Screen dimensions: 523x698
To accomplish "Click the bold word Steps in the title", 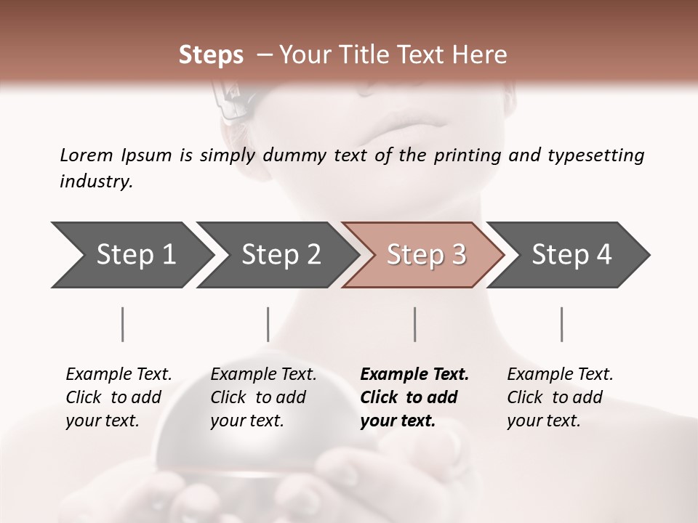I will [211, 55].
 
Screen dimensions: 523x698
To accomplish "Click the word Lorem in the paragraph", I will [87, 155].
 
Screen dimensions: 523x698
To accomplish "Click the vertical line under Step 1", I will [123, 324].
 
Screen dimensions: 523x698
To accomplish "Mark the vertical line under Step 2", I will [268, 324].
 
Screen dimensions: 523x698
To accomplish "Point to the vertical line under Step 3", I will [415, 324].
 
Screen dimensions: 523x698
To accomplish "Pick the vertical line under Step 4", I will [562, 324].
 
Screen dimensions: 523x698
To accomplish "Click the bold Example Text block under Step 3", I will [414, 397].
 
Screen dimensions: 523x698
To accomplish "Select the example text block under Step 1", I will [119, 397].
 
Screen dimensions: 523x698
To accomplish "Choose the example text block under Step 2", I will [263, 397].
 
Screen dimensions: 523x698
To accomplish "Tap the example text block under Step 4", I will [560, 397].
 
